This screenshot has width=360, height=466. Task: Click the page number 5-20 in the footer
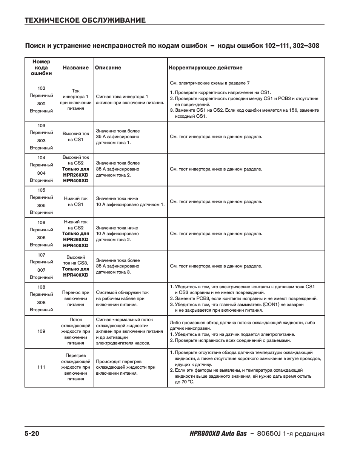32,434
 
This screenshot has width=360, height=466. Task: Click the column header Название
76,68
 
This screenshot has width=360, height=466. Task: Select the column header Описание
108,68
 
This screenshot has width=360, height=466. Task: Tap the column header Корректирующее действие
206,68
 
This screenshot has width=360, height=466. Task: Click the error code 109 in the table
42,331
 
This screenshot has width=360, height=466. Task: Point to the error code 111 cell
42,367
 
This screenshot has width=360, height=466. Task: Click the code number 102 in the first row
42,88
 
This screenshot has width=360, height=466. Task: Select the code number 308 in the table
42,303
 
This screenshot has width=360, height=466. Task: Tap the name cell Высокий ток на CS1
76,137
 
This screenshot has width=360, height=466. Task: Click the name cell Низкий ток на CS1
76,201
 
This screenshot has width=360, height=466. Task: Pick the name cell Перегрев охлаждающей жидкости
76,367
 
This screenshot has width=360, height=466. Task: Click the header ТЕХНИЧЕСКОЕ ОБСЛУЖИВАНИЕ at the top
85,20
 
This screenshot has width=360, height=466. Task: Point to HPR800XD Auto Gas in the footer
213,434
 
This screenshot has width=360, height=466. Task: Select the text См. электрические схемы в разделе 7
210,83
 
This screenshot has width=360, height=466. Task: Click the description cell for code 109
129,331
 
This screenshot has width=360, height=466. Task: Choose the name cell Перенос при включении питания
76,298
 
